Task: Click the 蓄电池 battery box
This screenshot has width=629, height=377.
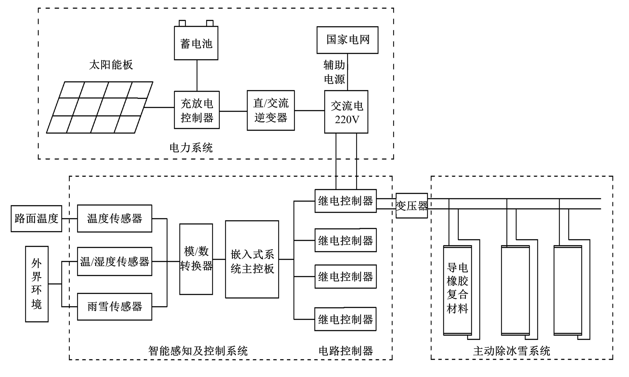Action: [x=196, y=43]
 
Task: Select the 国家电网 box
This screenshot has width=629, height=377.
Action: [x=347, y=40]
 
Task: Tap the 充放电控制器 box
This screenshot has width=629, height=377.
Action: [x=197, y=110]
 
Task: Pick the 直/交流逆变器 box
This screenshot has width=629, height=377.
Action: [x=271, y=110]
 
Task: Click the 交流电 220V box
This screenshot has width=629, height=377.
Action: [x=346, y=112]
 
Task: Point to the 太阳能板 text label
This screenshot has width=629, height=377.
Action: [x=111, y=65]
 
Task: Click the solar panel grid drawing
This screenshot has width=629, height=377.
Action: [x=100, y=107]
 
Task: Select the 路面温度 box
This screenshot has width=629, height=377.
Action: [x=36, y=218]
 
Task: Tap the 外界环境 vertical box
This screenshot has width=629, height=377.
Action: [x=37, y=284]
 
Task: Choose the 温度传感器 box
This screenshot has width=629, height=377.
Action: [x=115, y=218]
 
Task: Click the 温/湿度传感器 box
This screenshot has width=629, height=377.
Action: [x=115, y=261]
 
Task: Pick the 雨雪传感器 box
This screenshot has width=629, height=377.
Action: [x=115, y=307]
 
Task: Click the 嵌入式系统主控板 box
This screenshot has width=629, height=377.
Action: [x=252, y=259]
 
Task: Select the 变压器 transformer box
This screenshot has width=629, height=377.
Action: [x=412, y=206]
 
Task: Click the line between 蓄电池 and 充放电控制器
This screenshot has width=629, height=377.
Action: [x=197, y=75]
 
